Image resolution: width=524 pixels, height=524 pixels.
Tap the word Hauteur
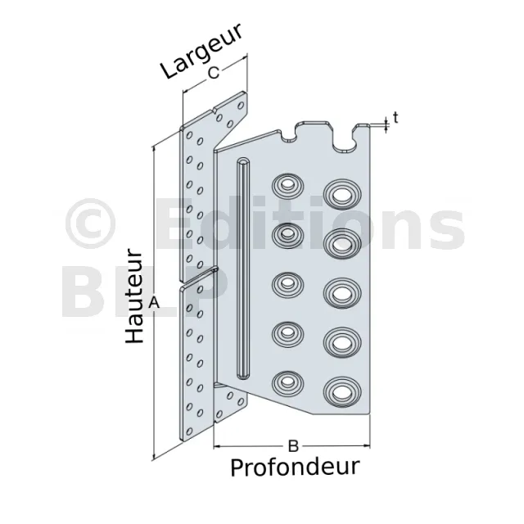[x=134, y=297]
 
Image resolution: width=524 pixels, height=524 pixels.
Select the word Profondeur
[x=295, y=467]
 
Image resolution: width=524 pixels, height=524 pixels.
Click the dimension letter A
[x=154, y=303]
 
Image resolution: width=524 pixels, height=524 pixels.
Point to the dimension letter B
[x=293, y=445]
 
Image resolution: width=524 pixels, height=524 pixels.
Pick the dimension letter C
[x=214, y=73]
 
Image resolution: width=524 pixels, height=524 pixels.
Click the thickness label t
[x=395, y=118]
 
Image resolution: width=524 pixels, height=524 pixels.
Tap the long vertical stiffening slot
[x=243, y=268]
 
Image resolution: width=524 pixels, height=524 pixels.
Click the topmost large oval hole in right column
[x=342, y=195]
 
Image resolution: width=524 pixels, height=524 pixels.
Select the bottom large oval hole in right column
[x=342, y=391]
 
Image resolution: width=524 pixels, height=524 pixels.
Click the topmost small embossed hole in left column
[x=287, y=186]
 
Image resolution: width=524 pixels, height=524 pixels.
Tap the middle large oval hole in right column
[x=342, y=293]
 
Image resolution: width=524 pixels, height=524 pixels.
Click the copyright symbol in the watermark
[x=91, y=224]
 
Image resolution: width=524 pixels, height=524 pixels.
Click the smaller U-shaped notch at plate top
[x=289, y=135]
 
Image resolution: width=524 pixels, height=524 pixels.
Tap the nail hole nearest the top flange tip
[x=241, y=106]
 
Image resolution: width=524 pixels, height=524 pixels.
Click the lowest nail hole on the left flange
[x=189, y=431]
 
